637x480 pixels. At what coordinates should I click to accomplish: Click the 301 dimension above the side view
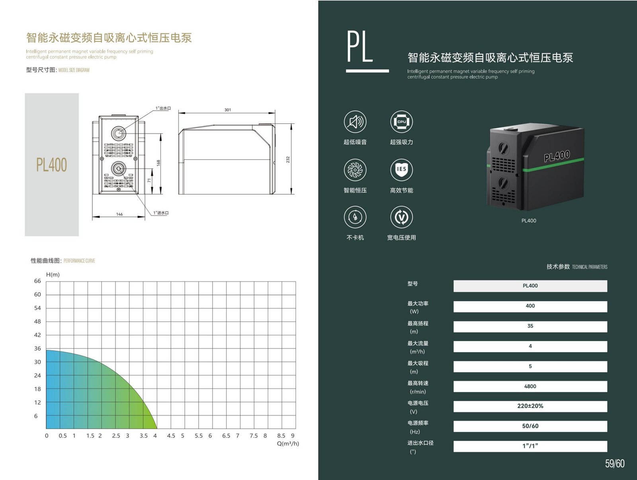[227, 110]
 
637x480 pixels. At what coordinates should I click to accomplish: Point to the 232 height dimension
[288, 160]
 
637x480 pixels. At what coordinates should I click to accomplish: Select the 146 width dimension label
[119, 215]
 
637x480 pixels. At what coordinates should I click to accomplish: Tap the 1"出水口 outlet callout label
[163, 108]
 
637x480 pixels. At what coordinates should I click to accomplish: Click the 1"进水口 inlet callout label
[161, 213]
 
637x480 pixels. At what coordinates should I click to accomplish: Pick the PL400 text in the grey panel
[52, 165]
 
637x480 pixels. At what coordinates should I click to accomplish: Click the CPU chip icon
[401, 121]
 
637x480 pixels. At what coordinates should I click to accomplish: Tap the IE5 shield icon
[401, 170]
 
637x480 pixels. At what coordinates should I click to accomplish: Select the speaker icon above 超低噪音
[355, 121]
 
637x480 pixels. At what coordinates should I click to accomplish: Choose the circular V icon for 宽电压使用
[401, 217]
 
